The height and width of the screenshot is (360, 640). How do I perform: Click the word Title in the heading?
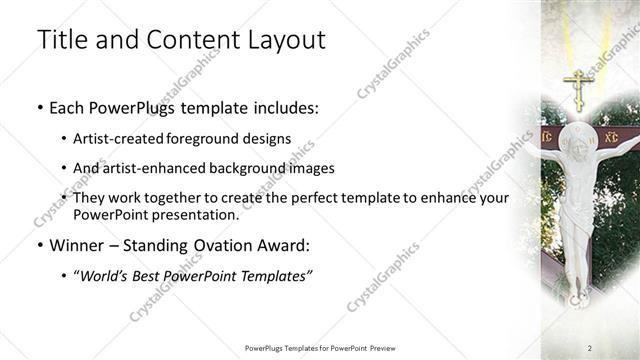pos(59,40)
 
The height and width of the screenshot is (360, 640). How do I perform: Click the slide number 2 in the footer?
pos(590,347)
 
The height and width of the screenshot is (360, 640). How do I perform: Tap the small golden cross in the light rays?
pos(577,88)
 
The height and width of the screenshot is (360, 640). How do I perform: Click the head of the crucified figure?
pos(577,145)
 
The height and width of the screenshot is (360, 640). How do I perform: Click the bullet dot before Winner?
pos(39,245)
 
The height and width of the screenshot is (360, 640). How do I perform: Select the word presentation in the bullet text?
pos(194,214)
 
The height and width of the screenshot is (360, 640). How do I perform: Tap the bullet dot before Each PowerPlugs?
pos(39,106)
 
